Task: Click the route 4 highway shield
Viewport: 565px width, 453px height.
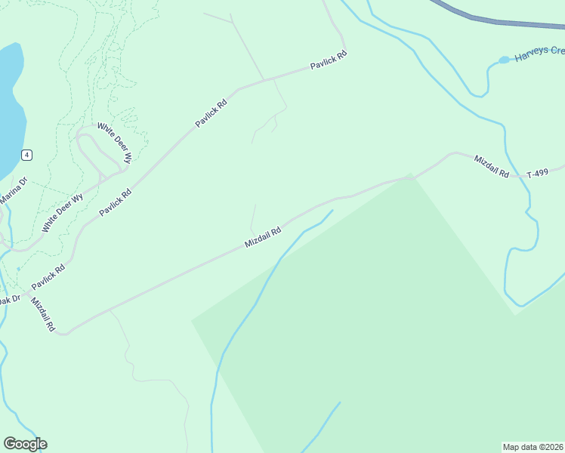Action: tap(26, 155)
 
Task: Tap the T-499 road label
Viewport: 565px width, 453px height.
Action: tap(537, 173)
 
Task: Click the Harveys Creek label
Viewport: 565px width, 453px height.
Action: tap(539, 54)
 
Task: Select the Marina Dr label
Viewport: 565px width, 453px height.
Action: tap(12, 190)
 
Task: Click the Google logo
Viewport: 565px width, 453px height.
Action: tap(25, 444)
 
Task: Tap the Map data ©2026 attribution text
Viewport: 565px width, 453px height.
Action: tap(533, 447)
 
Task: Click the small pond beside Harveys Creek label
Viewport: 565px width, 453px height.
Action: tap(504, 60)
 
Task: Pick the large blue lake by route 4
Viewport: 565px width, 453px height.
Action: tap(9, 106)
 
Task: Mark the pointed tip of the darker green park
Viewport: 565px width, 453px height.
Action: tap(410, 176)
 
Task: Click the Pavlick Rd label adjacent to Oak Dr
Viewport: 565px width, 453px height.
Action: tap(48, 279)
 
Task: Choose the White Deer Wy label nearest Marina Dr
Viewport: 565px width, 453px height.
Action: tap(62, 214)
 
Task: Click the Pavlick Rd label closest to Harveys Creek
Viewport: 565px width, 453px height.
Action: tap(329, 61)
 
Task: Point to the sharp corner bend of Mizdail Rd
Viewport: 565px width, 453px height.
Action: tap(64, 332)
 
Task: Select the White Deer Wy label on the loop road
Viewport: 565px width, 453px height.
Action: tap(115, 143)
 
